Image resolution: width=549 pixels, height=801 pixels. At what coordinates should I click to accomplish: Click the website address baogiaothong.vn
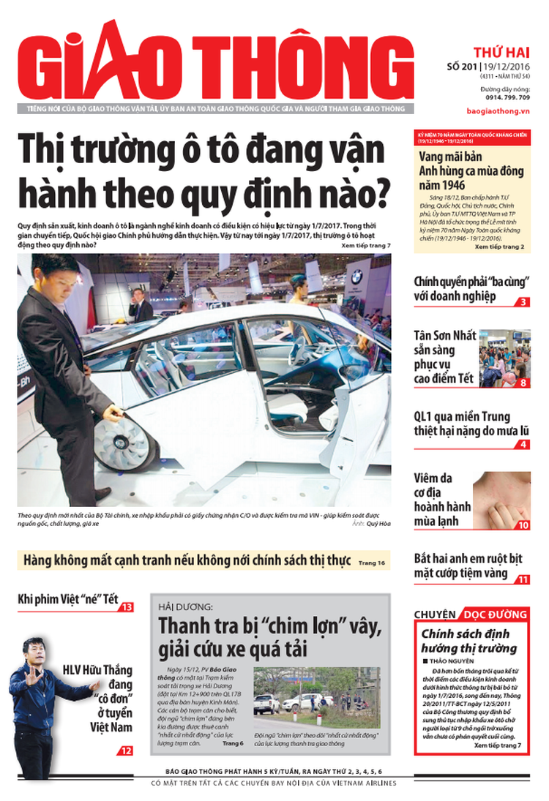[x=498, y=110]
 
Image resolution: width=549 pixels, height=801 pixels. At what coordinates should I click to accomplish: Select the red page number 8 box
[x=523, y=383]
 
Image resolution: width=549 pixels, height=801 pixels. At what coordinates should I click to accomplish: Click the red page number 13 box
[x=127, y=607]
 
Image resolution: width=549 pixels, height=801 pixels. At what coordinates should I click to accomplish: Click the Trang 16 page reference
[x=373, y=563]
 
